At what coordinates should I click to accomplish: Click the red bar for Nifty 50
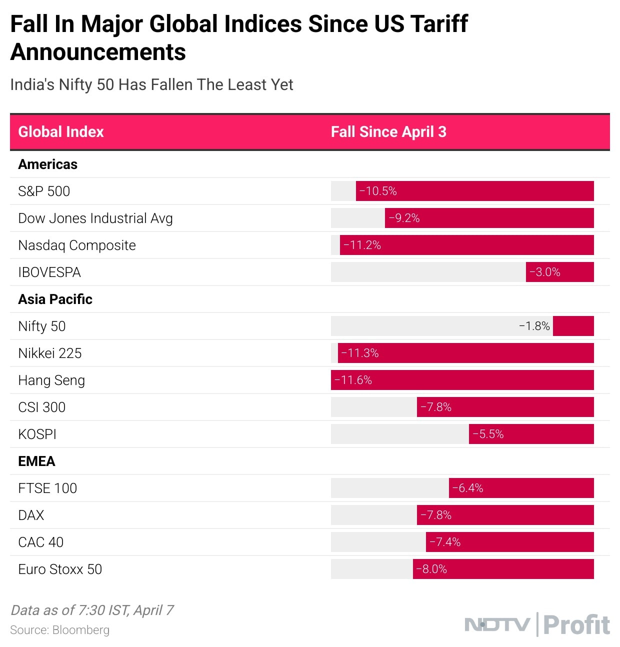pos(573,326)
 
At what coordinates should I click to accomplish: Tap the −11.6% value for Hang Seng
pos(353,380)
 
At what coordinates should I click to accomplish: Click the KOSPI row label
pos(37,434)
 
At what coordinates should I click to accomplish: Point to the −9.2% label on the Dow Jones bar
pos(404,218)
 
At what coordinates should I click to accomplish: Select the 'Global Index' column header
pos(61,132)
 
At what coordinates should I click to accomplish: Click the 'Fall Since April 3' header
pos(388,132)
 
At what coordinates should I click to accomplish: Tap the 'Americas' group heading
pos(48,164)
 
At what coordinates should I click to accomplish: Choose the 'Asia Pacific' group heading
pos(55,299)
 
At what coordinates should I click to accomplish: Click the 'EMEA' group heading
pos(36,461)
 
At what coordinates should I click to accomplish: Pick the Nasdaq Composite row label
pos(77,245)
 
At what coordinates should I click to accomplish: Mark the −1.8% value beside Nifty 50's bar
pos(534,326)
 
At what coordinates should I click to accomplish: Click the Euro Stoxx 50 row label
pos(60,569)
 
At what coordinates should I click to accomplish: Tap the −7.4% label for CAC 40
pos(445,542)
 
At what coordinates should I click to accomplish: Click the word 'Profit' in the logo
pos(576,625)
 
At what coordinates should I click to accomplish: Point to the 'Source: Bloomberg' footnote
pos(59,630)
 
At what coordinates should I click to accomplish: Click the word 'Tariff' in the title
pos(438,23)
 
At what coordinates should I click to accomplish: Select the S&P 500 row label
pos(44,191)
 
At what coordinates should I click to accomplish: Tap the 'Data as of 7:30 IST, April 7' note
pos(92,610)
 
